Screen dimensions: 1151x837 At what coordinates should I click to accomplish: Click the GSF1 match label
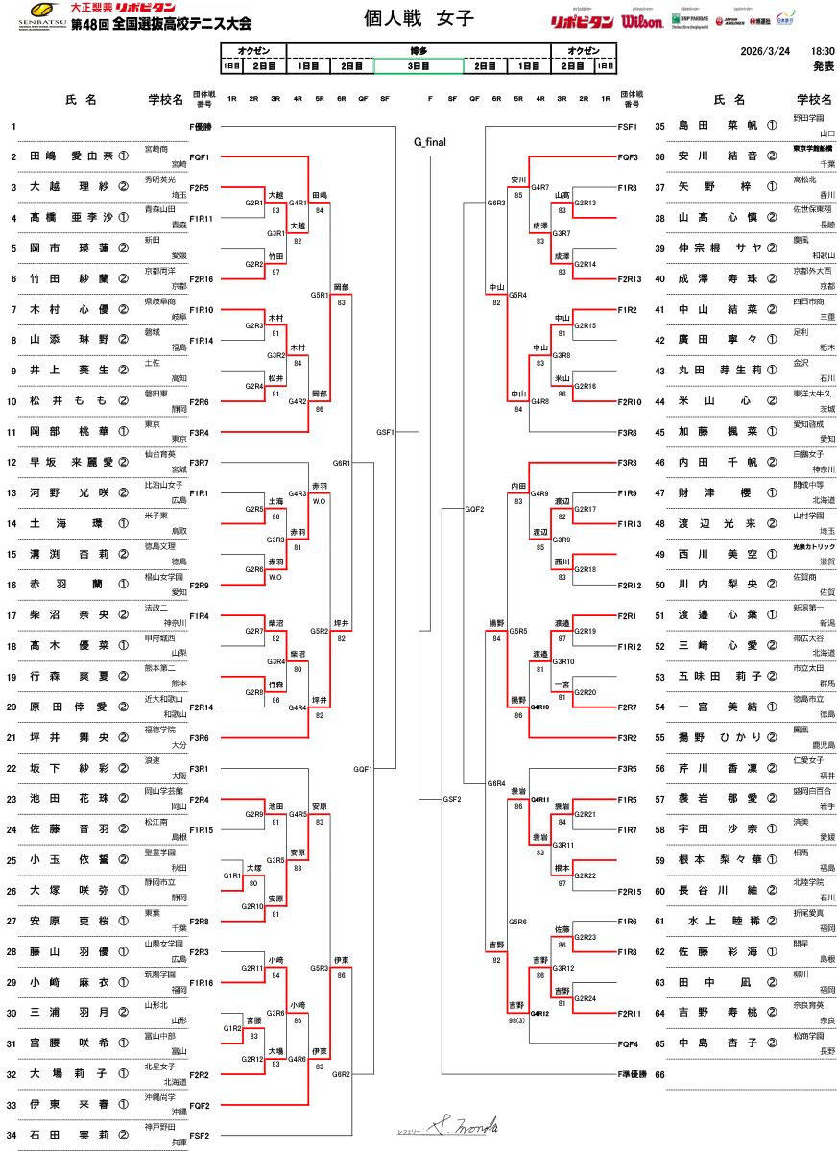point(386,432)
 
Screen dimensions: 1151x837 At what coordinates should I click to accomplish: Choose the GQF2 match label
point(474,509)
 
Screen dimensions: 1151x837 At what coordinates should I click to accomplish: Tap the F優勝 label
point(201,127)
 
